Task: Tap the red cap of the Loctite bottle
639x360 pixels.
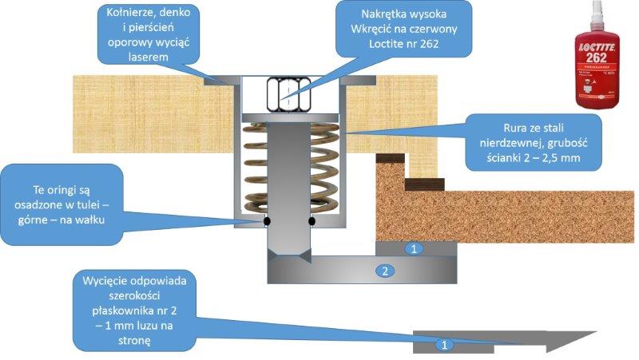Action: (x=598, y=20)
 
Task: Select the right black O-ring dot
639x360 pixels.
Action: (x=312, y=221)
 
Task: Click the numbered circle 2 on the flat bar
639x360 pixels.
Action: (x=385, y=271)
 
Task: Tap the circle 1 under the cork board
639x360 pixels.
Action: (x=413, y=249)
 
